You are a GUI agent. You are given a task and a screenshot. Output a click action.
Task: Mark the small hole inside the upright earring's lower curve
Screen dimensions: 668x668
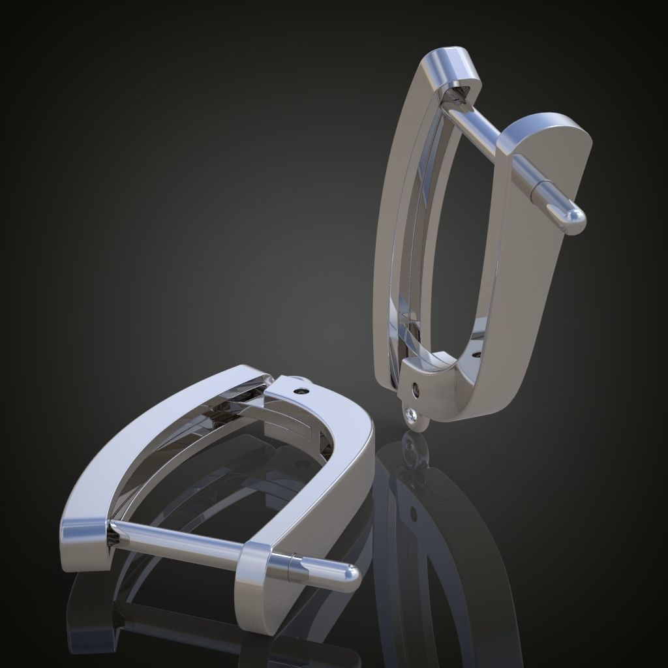click(x=476, y=355)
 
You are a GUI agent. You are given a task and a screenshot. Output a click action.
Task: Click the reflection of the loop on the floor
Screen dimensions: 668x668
click(x=412, y=450)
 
